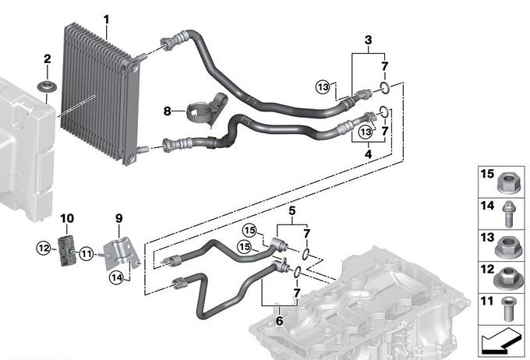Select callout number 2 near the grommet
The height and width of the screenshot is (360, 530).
click(47, 59)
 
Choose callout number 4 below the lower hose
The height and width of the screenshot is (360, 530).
click(368, 154)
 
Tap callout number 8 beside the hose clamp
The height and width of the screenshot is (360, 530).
click(167, 111)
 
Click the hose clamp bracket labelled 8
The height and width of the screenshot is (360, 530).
click(207, 109)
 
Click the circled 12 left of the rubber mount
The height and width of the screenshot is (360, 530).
click(42, 249)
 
